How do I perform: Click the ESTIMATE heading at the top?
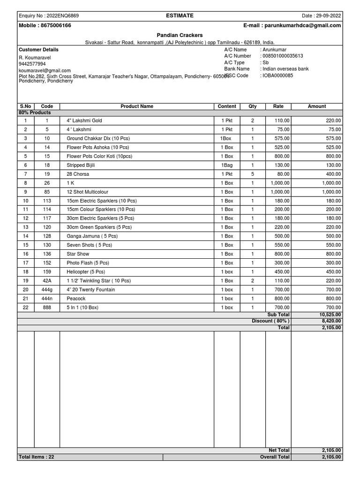(180, 15)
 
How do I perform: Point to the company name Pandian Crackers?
(180, 35)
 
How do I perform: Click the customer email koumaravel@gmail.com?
(45, 70)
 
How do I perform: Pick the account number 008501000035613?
(283, 56)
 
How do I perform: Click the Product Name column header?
(137, 106)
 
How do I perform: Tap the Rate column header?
(278, 106)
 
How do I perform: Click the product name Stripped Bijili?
(81, 165)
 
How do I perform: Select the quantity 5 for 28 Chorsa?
(253, 174)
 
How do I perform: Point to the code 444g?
(47, 290)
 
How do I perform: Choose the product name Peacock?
(76, 299)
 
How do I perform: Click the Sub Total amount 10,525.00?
(330, 315)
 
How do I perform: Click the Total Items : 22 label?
(37, 457)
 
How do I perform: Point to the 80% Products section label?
(35, 112)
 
